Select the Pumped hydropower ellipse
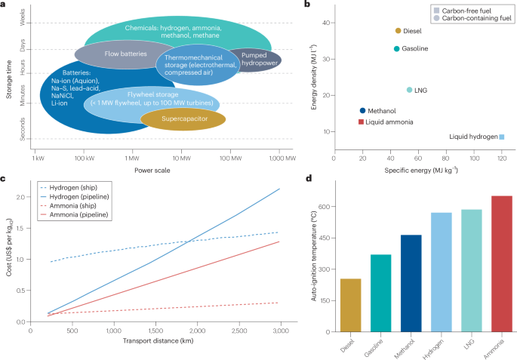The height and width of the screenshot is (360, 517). point(254,60)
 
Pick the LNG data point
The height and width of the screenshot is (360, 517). point(410,90)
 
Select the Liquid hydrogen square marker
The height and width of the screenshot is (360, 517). point(501,137)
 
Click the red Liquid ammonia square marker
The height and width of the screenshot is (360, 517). point(361,122)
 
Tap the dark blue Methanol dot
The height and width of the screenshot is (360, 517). point(362,110)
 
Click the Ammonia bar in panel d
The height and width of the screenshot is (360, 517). point(501,264)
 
